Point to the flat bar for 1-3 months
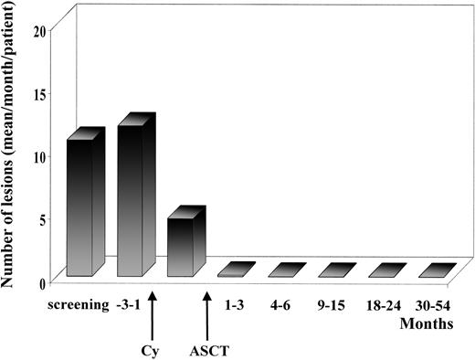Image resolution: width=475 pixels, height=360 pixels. pyautogui.click(x=235, y=270)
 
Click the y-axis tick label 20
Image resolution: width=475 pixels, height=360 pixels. pyautogui.click(x=38, y=30)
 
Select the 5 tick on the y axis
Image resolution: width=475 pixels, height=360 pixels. pyautogui.click(x=42, y=218)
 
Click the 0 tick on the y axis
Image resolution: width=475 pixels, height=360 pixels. pyautogui.click(x=42, y=281)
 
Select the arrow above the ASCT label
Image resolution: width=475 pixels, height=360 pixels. pyautogui.click(x=207, y=311)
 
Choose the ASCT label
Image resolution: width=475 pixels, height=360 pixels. pyautogui.click(x=207, y=348)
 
